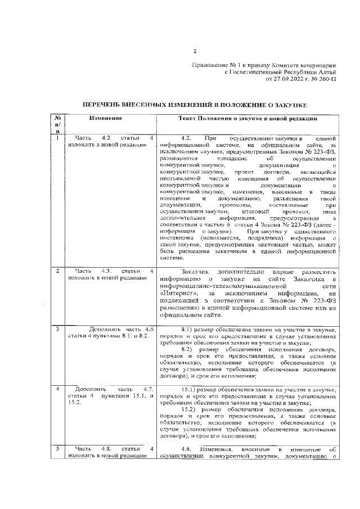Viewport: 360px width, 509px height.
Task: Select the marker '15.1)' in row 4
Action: [x=192, y=389]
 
